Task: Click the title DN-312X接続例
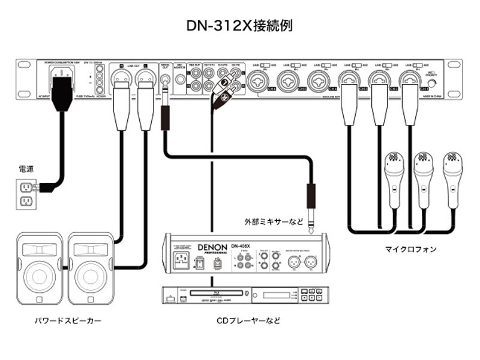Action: (239, 26)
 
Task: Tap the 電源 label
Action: (26, 170)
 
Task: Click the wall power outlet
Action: (26, 194)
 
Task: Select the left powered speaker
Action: (38, 267)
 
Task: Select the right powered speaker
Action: (88, 267)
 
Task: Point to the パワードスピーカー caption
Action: (67, 321)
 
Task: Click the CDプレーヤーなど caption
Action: (248, 321)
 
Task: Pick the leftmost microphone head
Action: (392, 161)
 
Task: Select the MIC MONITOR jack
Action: (178, 80)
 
